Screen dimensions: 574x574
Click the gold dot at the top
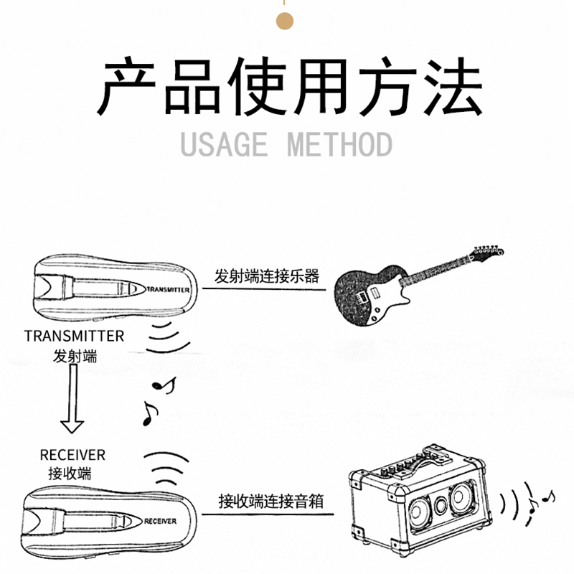point(284,21)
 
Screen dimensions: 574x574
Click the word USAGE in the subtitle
point(224,144)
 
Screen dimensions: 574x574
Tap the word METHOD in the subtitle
point(339,144)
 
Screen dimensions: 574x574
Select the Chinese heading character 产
point(126,86)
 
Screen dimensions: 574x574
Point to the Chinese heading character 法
point(453,86)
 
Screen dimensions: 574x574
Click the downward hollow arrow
point(72,399)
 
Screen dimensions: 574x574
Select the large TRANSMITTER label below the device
point(75,336)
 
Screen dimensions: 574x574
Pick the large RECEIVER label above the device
point(72,455)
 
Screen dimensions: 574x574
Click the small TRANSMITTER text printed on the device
point(168,290)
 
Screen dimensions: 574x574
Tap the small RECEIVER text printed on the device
point(160,521)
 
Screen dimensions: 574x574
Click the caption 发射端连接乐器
point(266,276)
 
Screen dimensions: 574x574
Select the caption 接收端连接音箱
point(271,501)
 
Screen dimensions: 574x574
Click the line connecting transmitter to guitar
point(264,289)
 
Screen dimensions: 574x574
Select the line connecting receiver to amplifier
point(268,514)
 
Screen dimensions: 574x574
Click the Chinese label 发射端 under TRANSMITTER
point(75,356)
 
